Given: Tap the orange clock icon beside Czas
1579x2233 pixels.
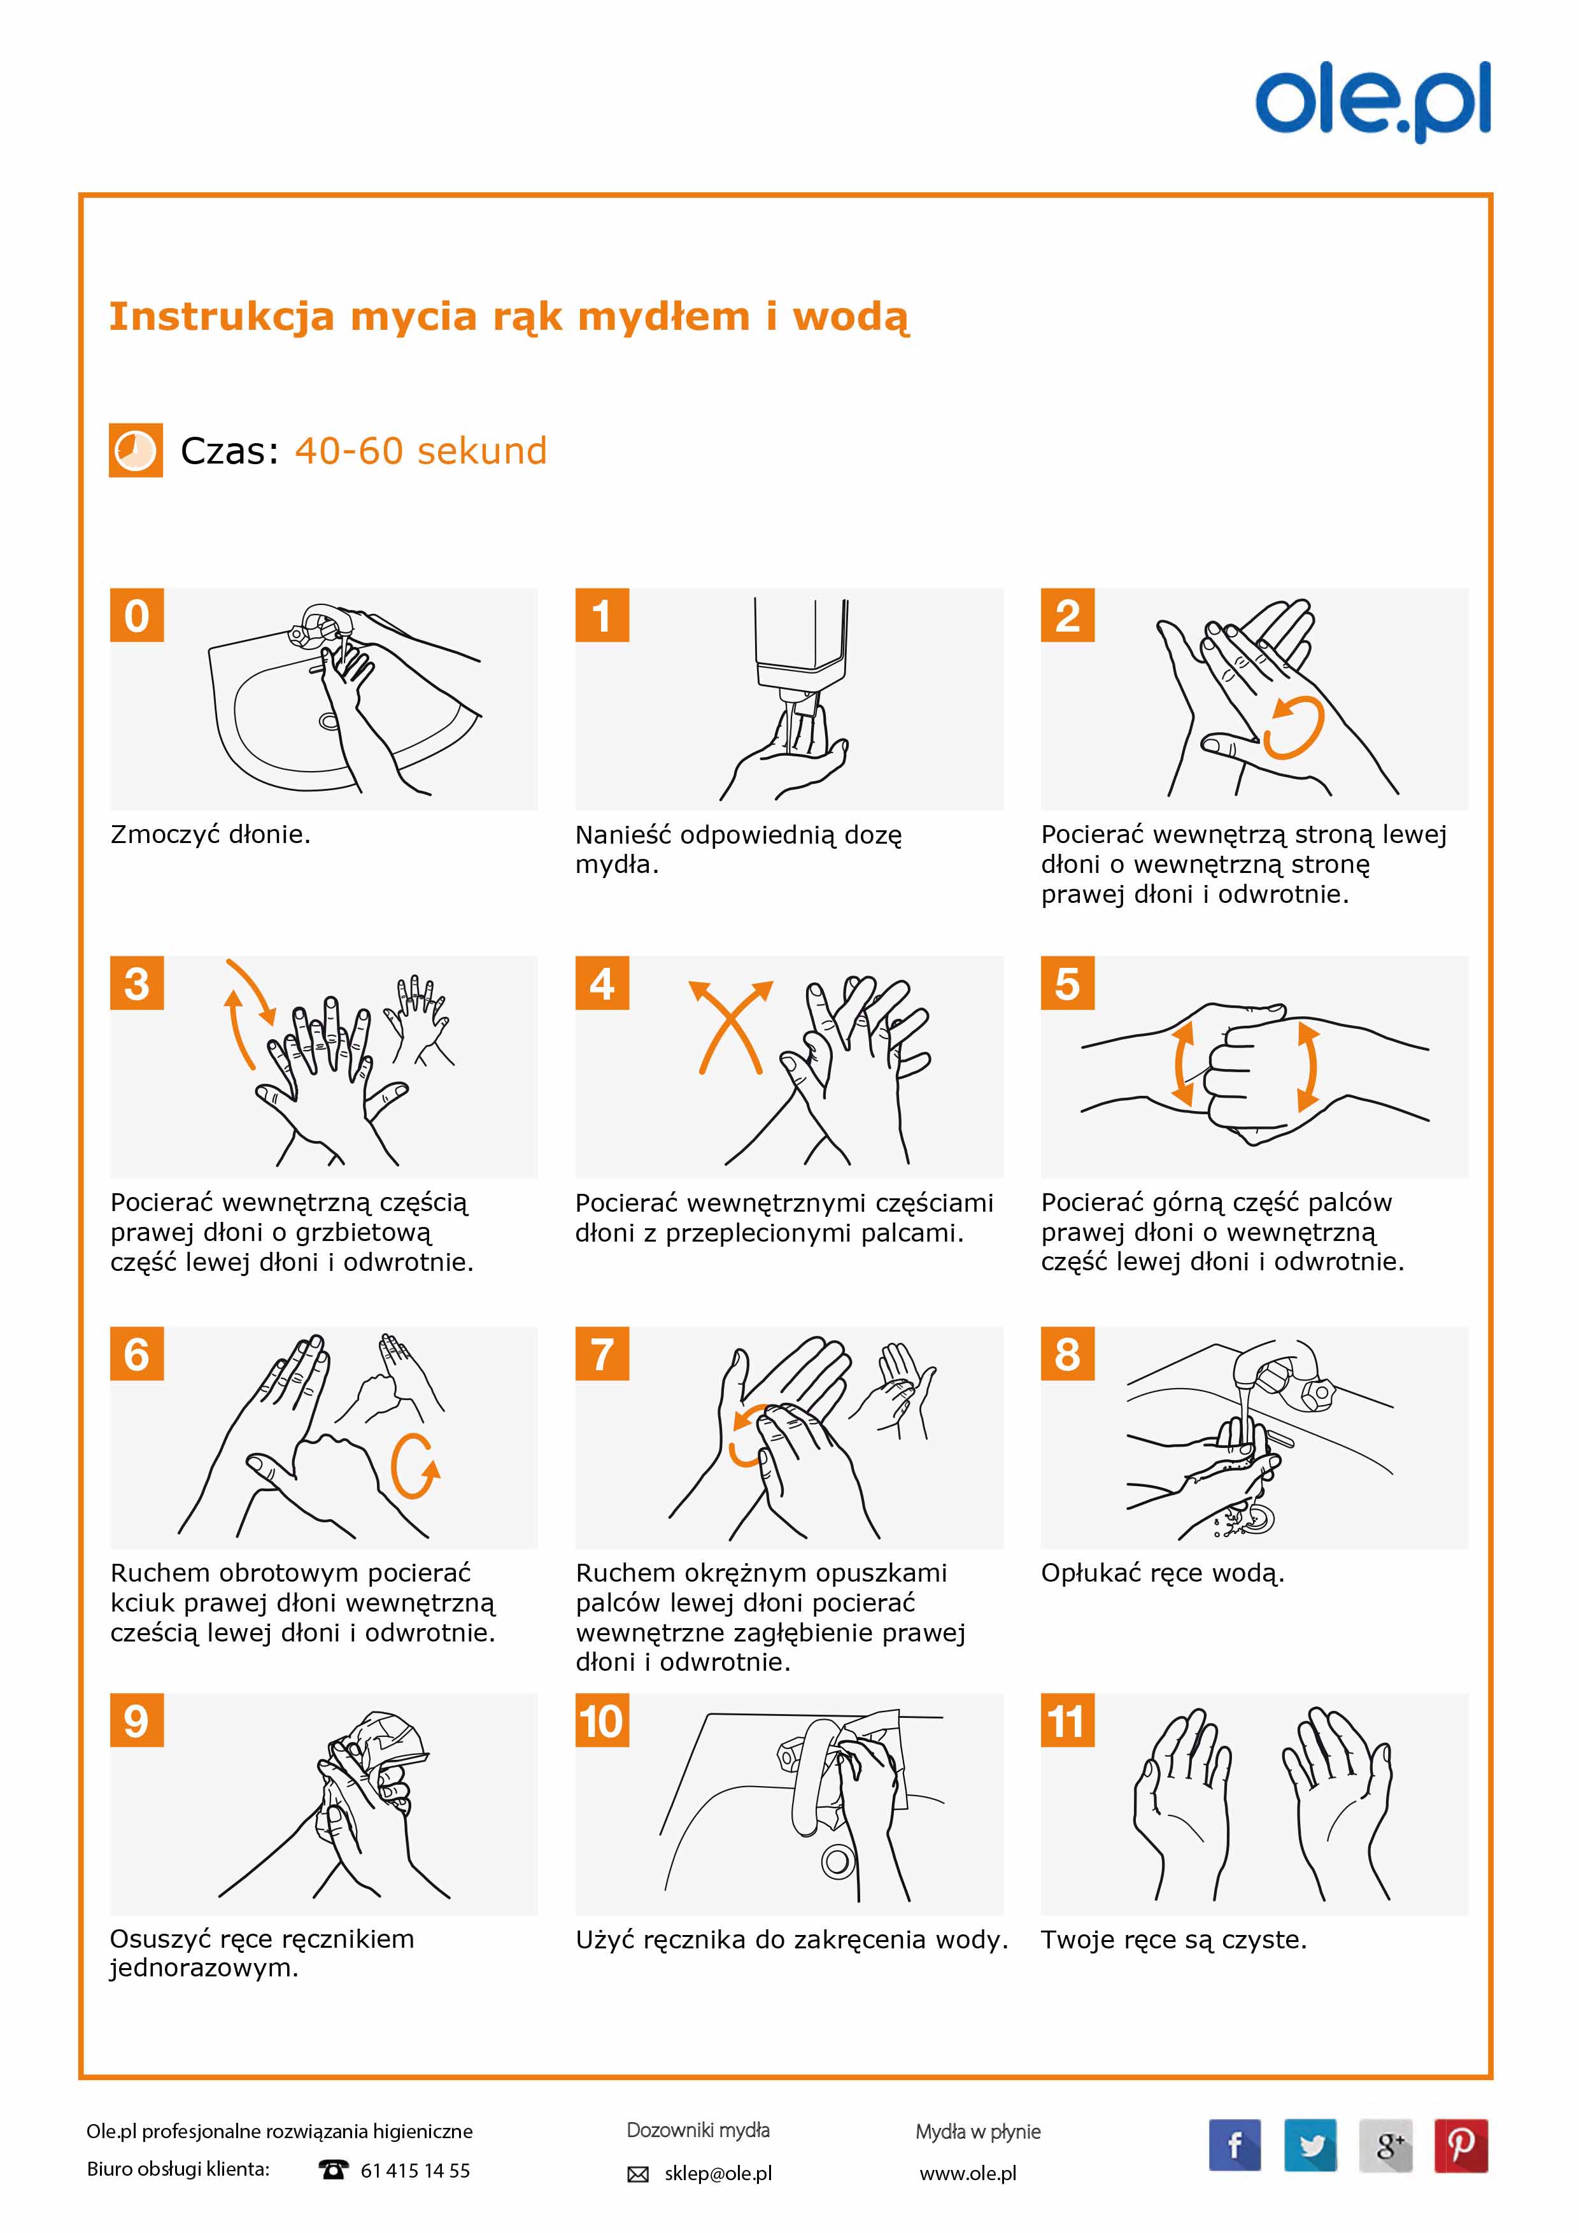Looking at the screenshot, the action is [135, 450].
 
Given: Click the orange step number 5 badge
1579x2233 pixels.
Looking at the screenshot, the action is [1068, 982].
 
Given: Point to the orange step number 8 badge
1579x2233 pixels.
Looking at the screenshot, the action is [1068, 1353].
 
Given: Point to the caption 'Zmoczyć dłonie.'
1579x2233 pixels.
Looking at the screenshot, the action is [210, 835].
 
